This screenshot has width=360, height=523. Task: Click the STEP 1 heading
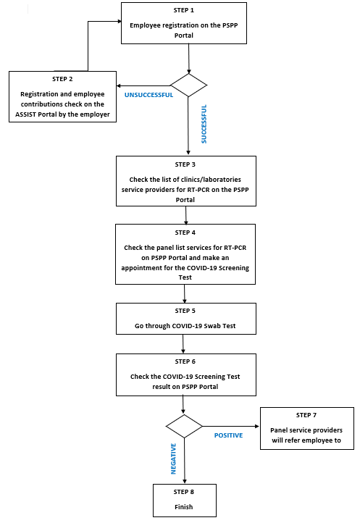[183, 10]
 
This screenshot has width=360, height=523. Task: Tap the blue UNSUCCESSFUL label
[148, 95]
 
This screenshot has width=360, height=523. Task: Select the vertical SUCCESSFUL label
[204, 124]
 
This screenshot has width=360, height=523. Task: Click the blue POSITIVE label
[229, 435]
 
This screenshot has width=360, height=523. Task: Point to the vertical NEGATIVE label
[173, 459]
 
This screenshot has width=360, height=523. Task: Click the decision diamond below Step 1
[188, 85]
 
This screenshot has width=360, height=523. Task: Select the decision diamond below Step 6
[184, 426]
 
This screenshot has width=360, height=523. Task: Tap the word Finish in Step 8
[184, 507]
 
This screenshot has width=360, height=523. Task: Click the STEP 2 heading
[62, 79]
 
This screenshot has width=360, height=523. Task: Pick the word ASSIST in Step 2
[25, 114]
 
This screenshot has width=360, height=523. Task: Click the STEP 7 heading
[306, 415]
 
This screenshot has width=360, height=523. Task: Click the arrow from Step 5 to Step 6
[183, 344]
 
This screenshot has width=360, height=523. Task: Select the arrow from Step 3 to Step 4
[186, 215]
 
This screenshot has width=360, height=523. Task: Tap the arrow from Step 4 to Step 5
[185, 294]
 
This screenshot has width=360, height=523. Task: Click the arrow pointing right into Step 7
[231, 426]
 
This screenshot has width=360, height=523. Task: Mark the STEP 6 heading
[185, 361]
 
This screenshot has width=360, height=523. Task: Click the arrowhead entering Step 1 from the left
[120, 21]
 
